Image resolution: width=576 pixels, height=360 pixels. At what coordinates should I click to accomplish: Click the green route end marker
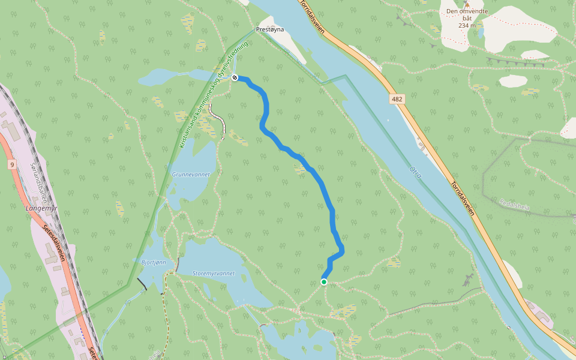click(324, 282)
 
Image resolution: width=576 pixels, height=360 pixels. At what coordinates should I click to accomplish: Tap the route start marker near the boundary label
click(235, 77)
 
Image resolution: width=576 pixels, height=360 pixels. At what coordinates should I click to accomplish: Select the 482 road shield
click(397, 99)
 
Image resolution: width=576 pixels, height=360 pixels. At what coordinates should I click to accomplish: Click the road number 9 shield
click(11, 164)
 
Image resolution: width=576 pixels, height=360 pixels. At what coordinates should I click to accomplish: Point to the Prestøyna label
click(269, 29)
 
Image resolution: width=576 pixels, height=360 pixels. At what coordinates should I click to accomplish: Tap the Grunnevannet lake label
click(191, 175)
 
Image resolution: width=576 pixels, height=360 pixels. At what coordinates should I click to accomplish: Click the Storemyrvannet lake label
click(213, 273)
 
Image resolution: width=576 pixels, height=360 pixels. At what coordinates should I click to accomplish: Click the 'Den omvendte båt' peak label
click(467, 15)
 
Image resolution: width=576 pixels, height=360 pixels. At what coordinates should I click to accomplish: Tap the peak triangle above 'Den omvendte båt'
click(466, 4)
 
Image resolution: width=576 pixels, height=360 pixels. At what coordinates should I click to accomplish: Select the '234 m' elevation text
click(467, 26)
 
